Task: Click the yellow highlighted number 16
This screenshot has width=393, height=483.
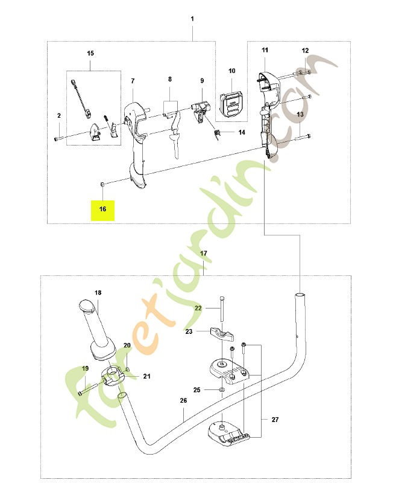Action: click(x=102, y=209)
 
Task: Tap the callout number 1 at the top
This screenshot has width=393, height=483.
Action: click(x=192, y=19)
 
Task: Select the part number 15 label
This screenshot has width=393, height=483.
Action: click(x=90, y=53)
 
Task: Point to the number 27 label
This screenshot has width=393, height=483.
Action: click(x=275, y=419)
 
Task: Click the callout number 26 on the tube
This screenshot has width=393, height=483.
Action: click(x=183, y=400)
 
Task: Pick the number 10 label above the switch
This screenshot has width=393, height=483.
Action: click(x=232, y=71)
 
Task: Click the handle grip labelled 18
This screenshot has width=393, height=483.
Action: click(x=98, y=330)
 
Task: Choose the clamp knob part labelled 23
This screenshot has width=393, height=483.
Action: click(x=222, y=334)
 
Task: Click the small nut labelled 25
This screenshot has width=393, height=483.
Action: click(x=221, y=391)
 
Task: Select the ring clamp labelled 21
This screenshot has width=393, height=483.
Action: click(x=113, y=376)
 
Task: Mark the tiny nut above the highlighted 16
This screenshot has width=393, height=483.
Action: click(x=102, y=185)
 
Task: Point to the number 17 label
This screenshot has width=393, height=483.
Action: click(x=204, y=254)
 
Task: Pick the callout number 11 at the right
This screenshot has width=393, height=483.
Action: click(x=265, y=50)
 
